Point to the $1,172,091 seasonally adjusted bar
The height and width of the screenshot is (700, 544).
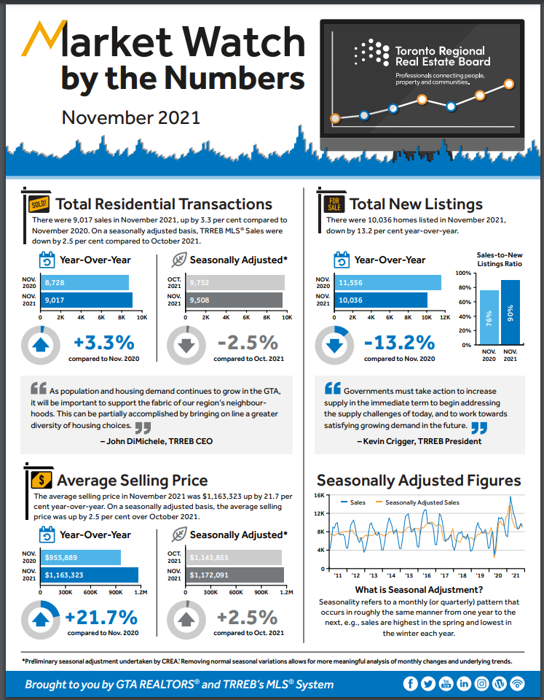point(234,575)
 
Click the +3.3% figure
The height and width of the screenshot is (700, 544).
point(104,342)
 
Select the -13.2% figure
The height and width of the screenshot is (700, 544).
point(400,342)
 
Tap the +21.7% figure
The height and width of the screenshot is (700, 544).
point(101,617)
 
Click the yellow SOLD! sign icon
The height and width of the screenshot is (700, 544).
point(38,203)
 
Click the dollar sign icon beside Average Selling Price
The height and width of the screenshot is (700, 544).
point(41,480)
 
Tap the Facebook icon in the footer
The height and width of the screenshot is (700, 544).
point(410,684)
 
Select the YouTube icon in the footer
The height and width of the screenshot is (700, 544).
point(446,684)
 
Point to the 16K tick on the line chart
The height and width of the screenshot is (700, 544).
point(320,495)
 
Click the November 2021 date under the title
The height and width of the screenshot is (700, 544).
point(130,117)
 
